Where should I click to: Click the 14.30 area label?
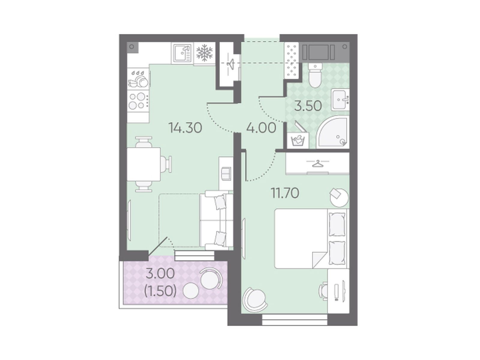(185, 128)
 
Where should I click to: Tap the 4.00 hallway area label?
(261, 128)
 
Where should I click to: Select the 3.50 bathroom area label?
(308, 106)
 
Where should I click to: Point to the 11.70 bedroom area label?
(285, 193)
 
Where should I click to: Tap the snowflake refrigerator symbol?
(204, 53)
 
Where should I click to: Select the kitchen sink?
(182, 53)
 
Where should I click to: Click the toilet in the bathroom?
(315, 75)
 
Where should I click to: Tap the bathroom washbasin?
(340, 100)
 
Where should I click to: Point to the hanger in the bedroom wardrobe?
(317, 163)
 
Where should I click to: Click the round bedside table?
(339, 197)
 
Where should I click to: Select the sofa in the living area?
(216, 220)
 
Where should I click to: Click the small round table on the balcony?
(191, 290)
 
